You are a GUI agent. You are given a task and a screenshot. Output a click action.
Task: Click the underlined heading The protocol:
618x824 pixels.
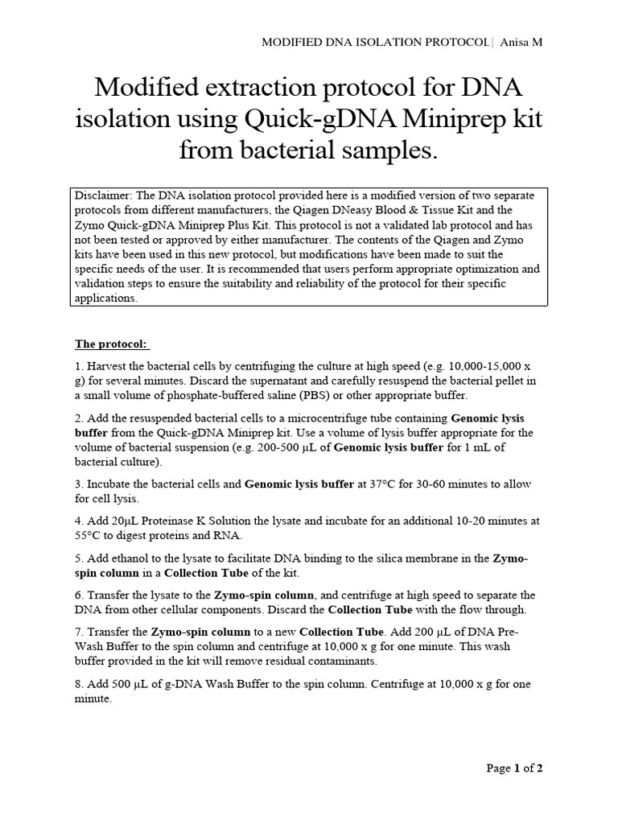pos(112,344)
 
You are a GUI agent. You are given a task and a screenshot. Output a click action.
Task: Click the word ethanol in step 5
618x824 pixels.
pos(132,558)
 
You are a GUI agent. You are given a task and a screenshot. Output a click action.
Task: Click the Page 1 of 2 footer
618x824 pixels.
pos(515,768)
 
